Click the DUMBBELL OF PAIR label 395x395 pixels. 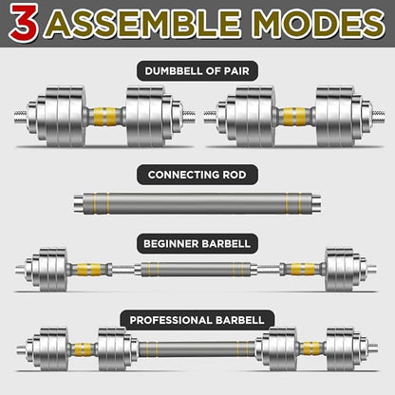point(197,70)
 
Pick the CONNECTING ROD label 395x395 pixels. point(197,174)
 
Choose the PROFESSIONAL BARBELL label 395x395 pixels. point(197,320)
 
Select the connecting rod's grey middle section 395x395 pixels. point(197,203)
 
